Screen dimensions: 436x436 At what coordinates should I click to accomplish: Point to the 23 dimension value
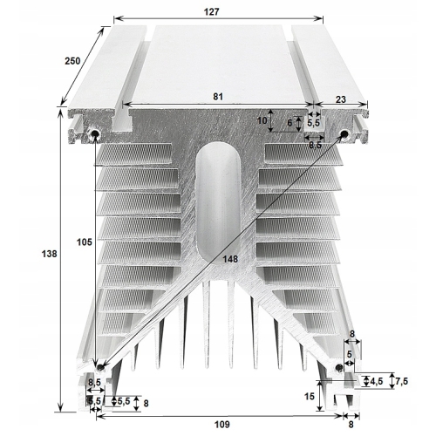[339, 99]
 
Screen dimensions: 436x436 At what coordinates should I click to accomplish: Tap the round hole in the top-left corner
[94, 133]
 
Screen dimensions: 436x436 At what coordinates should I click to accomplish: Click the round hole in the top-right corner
[344, 133]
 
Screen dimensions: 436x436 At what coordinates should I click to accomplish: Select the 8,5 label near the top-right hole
[315, 145]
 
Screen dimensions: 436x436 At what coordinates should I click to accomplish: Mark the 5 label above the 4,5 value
[351, 355]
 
